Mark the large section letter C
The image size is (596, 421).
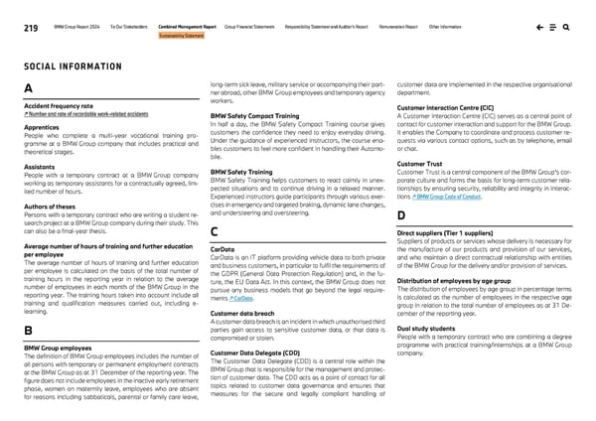(215, 232)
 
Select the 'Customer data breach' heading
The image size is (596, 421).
(242, 313)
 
